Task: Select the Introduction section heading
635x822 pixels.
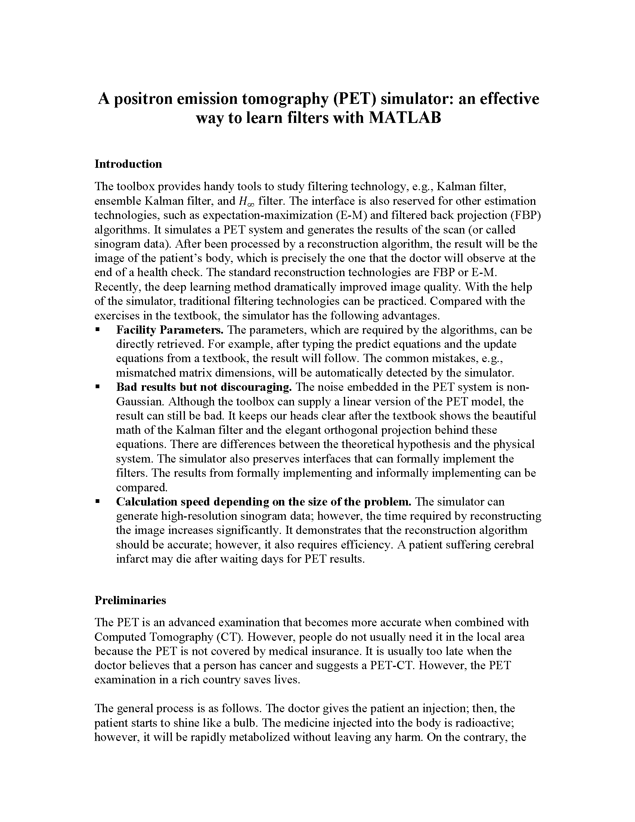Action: (x=128, y=164)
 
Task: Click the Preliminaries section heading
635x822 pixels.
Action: (x=130, y=600)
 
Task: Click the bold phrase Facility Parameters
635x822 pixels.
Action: (x=170, y=330)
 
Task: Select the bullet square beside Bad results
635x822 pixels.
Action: (x=98, y=387)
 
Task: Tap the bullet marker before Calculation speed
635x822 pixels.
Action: (x=98, y=501)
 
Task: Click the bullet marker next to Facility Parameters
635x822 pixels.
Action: (x=98, y=329)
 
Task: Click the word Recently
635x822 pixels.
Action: (x=117, y=287)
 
